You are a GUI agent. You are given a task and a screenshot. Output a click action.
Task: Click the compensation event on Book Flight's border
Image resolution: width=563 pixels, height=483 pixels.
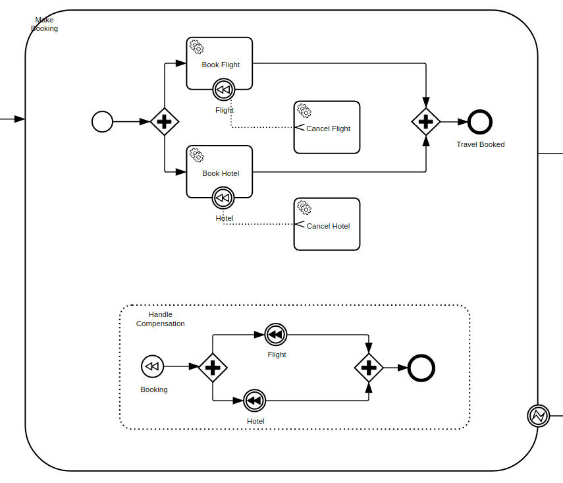tap(224, 89)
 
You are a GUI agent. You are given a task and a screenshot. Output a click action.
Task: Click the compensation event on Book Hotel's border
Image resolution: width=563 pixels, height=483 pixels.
tap(223, 197)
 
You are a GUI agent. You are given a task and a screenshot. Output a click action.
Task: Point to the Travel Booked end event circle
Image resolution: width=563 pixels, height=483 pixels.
tap(480, 122)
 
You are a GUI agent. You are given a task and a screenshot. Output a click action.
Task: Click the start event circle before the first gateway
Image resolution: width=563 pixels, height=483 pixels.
tap(102, 122)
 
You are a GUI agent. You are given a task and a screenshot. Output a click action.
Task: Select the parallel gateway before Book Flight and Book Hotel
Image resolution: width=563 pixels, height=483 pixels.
tap(165, 122)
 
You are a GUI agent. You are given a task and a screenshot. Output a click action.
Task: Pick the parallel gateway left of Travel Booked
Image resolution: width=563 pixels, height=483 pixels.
tap(426, 122)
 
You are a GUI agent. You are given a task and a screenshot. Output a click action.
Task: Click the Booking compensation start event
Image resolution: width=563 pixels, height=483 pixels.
tap(152, 366)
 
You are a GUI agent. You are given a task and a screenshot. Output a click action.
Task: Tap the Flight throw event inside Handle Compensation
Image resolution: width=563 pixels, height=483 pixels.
tap(275, 335)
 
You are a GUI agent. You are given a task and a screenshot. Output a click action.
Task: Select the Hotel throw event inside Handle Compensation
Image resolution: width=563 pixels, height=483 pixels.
tap(254, 400)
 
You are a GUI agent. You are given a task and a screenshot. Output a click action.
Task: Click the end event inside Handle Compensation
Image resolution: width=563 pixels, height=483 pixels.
tap(421, 368)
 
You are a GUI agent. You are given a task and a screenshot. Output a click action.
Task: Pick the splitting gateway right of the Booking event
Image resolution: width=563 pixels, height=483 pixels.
tap(212, 368)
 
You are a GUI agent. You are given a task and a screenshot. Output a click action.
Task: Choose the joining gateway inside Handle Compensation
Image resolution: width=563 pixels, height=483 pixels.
tap(369, 368)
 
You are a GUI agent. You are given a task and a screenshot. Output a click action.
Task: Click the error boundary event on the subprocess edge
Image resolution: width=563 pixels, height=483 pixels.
tap(538, 416)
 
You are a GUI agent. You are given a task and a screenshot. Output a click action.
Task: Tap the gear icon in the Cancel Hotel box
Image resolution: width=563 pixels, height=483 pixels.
tap(304, 208)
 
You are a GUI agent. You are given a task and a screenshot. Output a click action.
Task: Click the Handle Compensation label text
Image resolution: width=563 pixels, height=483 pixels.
tap(160, 319)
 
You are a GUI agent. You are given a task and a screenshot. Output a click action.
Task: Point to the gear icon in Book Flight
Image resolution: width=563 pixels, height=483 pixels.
tap(196, 47)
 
